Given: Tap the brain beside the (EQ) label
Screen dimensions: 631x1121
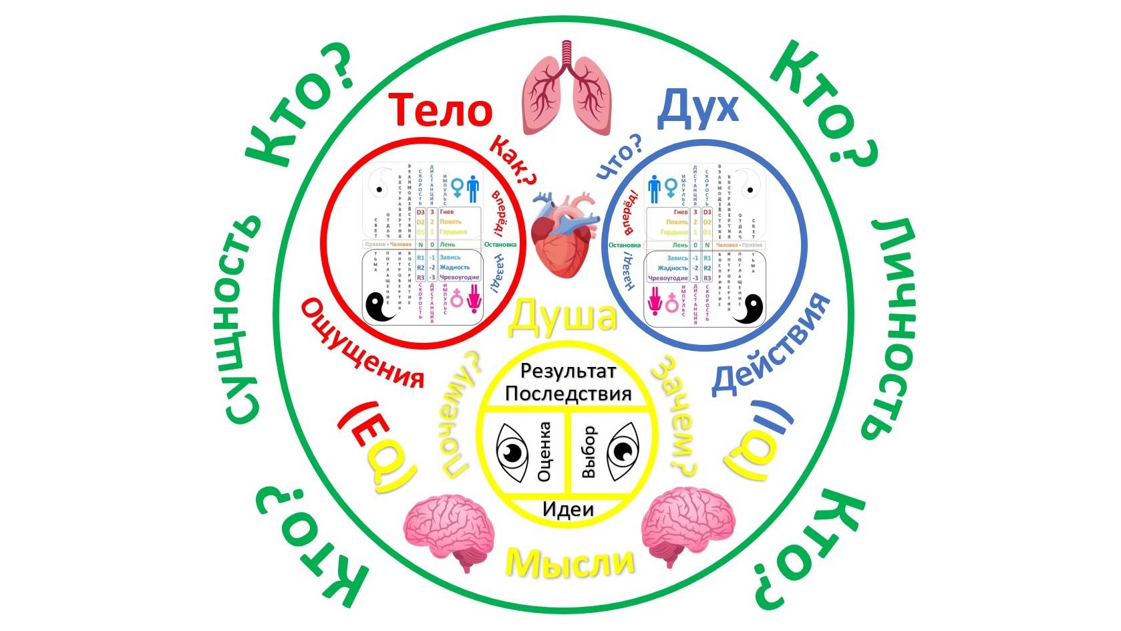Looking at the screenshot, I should click(452, 525).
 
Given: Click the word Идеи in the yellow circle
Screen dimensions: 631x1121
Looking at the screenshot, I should click(568, 509).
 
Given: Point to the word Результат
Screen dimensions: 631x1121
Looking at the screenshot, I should click(568, 371).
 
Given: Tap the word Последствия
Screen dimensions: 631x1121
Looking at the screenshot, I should click(568, 393).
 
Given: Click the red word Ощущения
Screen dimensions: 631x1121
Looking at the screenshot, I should click(361, 345).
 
